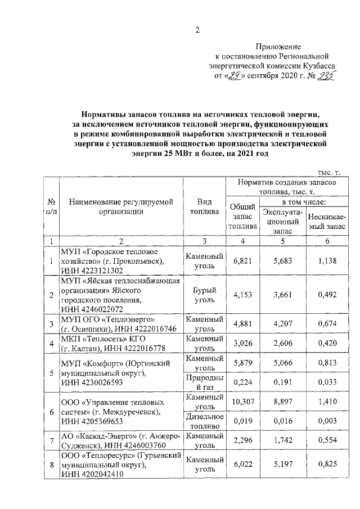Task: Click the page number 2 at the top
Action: tap(197, 30)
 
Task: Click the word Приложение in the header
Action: tap(278, 47)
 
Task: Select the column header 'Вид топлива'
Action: tap(205, 207)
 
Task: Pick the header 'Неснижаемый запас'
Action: tap(327, 221)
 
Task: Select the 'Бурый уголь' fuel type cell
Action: tap(205, 295)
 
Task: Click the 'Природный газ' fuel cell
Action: tap(205, 382)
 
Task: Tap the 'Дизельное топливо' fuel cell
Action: tap(205, 421)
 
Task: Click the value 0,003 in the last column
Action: tap(327, 422)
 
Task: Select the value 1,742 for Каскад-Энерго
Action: tap(282, 442)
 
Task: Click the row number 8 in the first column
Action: tap(52, 466)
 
